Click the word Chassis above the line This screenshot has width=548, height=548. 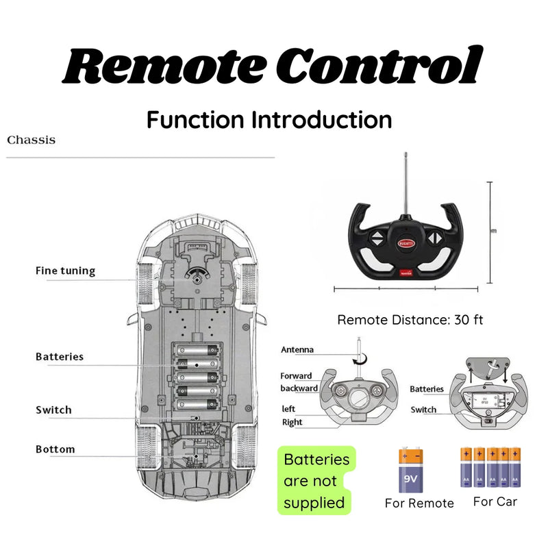(31, 140)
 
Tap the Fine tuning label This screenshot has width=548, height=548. (65, 271)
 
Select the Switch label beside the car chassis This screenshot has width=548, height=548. (53, 410)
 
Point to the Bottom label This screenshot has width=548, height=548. (55, 449)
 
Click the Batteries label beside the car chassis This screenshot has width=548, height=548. (60, 356)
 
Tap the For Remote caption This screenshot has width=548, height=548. (419, 503)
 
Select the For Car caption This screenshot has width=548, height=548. (495, 501)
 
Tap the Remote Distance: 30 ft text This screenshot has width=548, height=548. (410, 320)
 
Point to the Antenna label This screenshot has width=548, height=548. (297, 349)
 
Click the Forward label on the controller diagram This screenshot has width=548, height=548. (296, 375)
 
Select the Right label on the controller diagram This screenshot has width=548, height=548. (292, 422)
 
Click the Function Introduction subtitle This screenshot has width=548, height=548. (269, 120)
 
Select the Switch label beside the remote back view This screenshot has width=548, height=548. (423, 410)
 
